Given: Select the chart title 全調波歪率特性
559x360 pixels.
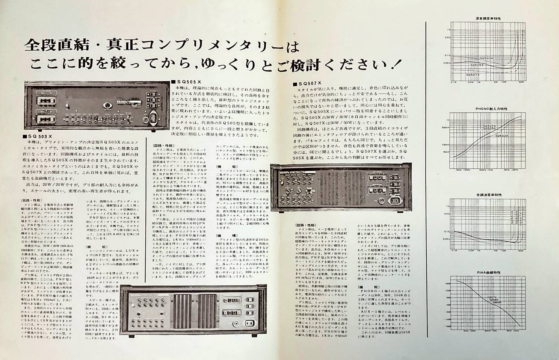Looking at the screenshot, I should (488, 195).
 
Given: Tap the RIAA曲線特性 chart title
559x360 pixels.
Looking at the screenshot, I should (488, 274).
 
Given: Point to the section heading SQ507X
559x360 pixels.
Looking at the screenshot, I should (310, 83).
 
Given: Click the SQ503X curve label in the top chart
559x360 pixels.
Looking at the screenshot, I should (487, 59).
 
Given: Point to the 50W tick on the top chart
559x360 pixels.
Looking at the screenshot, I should (521, 82).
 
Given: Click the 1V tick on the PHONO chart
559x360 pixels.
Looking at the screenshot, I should (447, 120).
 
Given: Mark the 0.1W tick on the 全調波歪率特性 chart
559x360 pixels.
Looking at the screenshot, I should (454, 250).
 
